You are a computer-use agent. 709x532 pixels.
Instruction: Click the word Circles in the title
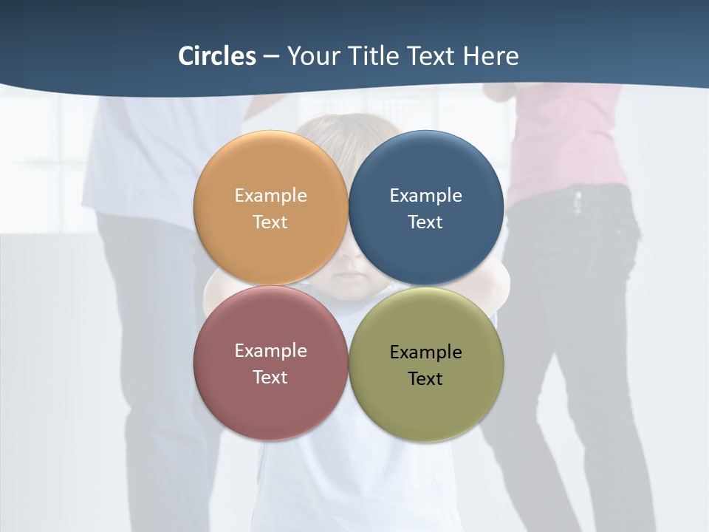[x=217, y=56]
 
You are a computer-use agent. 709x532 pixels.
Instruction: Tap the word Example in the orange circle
[x=270, y=196]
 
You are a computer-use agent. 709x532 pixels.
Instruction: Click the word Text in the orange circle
[x=270, y=222]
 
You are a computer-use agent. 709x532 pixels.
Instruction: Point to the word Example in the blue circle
[x=425, y=196]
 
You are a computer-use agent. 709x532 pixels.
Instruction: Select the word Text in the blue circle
[x=425, y=222]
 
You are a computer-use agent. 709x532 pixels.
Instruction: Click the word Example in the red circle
[x=270, y=351]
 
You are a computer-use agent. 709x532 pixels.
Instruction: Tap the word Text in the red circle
[x=270, y=378]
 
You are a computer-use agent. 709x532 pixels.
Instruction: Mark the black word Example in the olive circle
[x=425, y=352]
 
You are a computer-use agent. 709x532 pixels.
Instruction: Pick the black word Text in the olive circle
[x=425, y=379]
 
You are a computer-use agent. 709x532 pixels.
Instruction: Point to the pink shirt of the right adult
[x=569, y=140]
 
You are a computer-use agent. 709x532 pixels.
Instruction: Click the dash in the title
[x=271, y=57]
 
